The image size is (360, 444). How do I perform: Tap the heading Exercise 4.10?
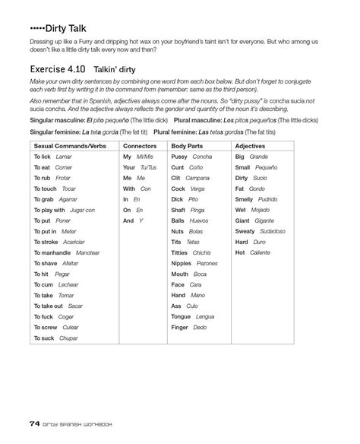point(56,67)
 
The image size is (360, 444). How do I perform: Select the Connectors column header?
point(140,144)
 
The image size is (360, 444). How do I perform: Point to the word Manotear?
point(88,252)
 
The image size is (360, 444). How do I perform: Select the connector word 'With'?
point(128,188)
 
